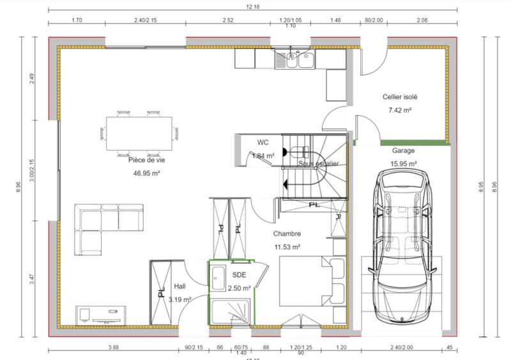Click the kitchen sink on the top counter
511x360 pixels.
[294, 60]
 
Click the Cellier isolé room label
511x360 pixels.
[400, 98]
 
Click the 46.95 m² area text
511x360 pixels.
[146, 173]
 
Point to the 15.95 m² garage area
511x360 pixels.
[403, 164]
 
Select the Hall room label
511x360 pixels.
[179, 287]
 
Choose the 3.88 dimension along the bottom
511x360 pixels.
[113, 347]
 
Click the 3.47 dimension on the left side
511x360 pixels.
[32, 280]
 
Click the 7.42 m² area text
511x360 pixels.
[400, 110]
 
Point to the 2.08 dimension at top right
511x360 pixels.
[422, 20]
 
